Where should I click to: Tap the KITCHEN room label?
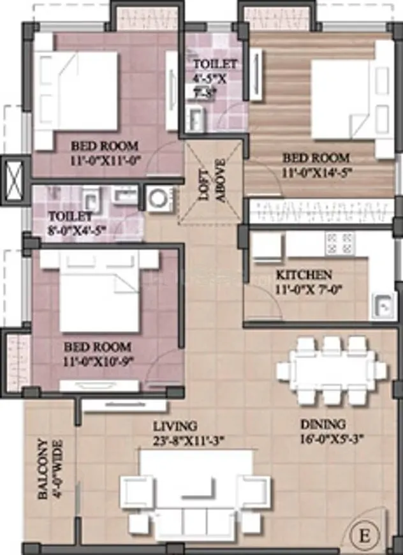(304, 275)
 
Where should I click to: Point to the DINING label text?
(325, 424)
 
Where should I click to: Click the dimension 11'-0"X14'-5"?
(318, 171)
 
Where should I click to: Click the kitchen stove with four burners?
(339, 242)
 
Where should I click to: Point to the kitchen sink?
(384, 307)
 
